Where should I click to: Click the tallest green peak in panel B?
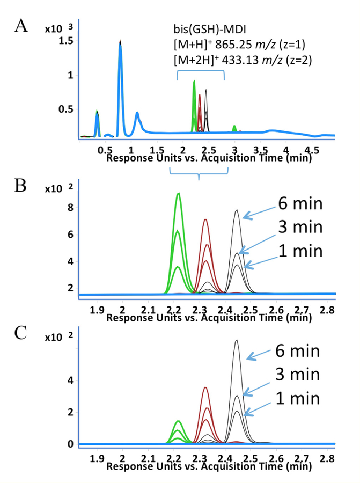pyautogui.click(x=178, y=194)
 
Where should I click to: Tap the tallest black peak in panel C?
pyautogui.click(x=237, y=340)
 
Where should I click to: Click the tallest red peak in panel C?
pyautogui.click(x=205, y=387)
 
